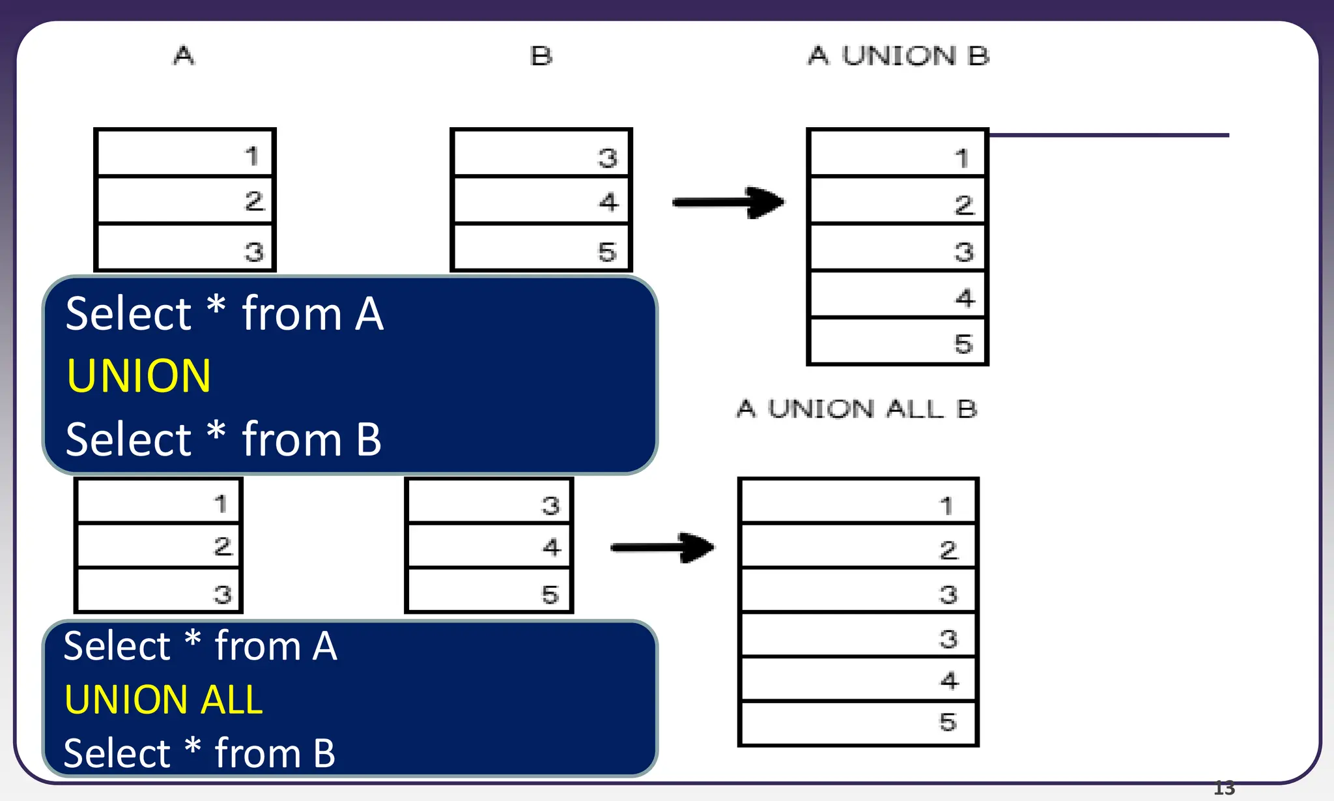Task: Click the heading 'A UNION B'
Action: click(x=898, y=56)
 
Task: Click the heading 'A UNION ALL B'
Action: click(x=857, y=409)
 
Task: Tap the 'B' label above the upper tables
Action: click(x=541, y=56)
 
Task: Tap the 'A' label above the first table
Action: click(x=184, y=55)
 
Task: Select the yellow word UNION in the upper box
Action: click(x=139, y=376)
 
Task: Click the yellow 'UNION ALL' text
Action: click(x=163, y=700)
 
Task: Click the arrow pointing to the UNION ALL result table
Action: click(x=663, y=547)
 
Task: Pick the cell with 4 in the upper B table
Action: click(x=541, y=201)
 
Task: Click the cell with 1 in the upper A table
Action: click(x=185, y=154)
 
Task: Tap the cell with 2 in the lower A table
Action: click(x=158, y=546)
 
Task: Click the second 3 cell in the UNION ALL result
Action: click(x=858, y=635)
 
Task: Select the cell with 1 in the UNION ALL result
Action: click(x=858, y=502)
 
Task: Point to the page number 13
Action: click(x=1224, y=789)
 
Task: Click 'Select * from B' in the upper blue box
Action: click(x=223, y=439)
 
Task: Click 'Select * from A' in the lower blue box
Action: click(x=200, y=647)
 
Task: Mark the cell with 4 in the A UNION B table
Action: click(x=898, y=295)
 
